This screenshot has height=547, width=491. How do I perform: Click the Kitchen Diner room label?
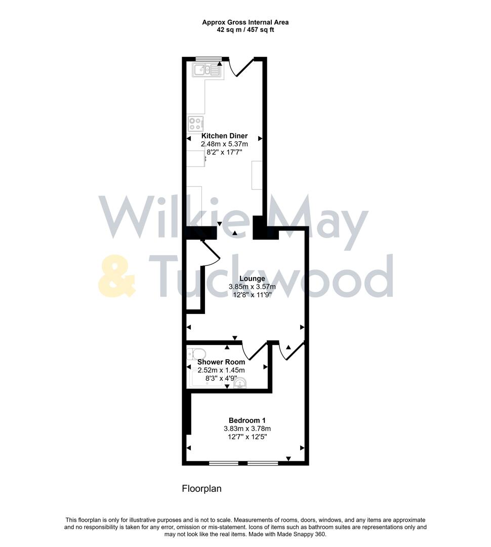pos(224,136)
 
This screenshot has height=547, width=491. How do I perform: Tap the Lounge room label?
pos(252,279)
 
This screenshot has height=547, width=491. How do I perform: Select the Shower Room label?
pos(221,362)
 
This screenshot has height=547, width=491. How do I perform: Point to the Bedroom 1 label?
pos(247,420)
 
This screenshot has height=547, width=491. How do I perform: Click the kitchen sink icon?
pos(207,70)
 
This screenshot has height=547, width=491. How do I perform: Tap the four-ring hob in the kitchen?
pos(196,123)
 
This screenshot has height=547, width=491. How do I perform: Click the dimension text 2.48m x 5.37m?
pos(224,144)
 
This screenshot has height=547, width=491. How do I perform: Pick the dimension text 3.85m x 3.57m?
pos(252,287)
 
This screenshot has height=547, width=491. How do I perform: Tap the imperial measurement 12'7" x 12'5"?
pos(247,437)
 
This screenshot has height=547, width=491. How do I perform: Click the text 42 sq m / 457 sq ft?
pos(245,30)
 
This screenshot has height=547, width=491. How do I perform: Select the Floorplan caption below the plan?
pos(201,489)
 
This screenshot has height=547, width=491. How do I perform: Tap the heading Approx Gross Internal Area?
pos(245,22)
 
